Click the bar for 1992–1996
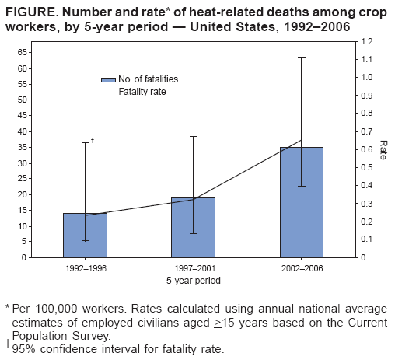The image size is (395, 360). (x=85, y=235)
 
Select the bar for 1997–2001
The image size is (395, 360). (x=193, y=227)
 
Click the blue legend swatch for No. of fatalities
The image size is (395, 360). (x=108, y=79)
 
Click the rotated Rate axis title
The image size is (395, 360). (x=383, y=149)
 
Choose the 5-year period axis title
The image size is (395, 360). (x=192, y=279)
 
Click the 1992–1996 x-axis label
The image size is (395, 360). (x=85, y=269)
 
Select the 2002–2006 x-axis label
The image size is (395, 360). (x=301, y=269)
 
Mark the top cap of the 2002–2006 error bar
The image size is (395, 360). (x=301, y=57)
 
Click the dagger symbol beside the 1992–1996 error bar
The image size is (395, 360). (x=93, y=141)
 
